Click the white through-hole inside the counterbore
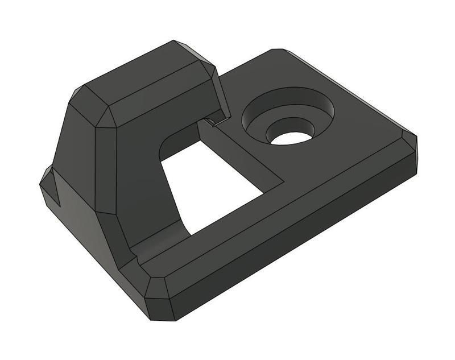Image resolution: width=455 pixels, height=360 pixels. pyautogui.click(x=289, y=138)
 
